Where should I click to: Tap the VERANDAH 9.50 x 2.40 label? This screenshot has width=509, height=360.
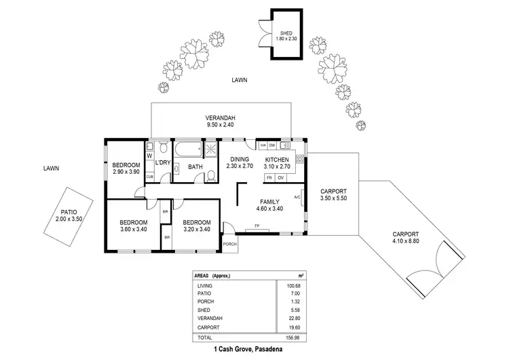pyautogui.click(x=220, y=122)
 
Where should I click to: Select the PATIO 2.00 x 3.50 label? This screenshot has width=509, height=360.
pyautogui.click(x=69, y=215)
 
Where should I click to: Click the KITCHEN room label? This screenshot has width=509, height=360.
pyautogui.click(x=277, y=162)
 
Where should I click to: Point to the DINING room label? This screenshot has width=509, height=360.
pyautogui.click(x=239, y=162)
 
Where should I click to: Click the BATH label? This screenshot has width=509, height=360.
pyautogui.click(x=195, y=167)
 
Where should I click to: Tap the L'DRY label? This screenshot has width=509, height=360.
pyautogui.click(x=162, y=164)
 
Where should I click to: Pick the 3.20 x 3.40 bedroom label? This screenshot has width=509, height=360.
pyautogui.click(x=197, y=226)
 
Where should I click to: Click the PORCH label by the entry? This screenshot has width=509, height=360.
pyautogui.click(x=229, y=245)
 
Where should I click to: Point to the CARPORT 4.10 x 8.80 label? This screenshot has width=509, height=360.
pyautogui.click(x=411, y=238)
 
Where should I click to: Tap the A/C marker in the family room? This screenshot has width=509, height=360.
pyautogui.click(x=297, y=198)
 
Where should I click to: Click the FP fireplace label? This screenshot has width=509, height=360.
pyautogui.click(x=257, y=226)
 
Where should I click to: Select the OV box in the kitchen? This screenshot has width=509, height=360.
pyautogui.click(x=281, y=178)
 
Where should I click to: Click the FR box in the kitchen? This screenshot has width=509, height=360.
pyautogui.click(x=269, y=178)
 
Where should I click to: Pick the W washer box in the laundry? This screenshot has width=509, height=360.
pyautogui.click(x=149, y=156)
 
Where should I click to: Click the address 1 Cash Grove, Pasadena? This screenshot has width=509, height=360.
pyautogui.click(x=248, y=349)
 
